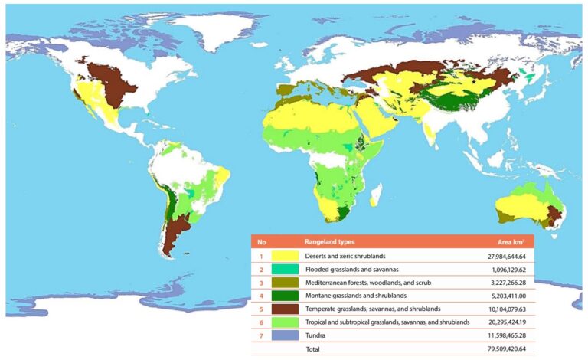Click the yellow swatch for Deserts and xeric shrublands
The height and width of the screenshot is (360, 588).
pos(285,255)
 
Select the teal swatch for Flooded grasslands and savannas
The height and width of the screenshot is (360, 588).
pos(285,269)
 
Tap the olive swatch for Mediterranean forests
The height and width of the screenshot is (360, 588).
pos(285,282)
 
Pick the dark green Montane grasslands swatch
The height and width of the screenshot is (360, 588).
pos(285,295)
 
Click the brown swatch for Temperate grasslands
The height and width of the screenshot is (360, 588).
pos(285,309)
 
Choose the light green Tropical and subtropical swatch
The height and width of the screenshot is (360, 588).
pos(285,322)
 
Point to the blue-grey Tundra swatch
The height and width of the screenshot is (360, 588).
pos(285,335)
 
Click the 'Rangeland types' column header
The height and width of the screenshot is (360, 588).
pos(331,241)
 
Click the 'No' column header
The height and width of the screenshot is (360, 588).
pos(261,241)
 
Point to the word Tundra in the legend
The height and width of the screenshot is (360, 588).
pos(315,335)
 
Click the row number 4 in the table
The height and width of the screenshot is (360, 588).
pos(261,295)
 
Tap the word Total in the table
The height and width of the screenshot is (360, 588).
pos(314,349)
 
